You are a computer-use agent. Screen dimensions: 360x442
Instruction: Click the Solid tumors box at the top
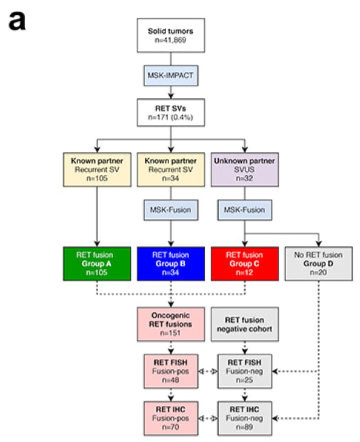(x=171, y=36)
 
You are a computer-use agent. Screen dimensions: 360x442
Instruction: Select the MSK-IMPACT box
(x=171, y=76)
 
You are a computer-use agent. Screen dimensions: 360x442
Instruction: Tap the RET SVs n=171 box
(x=171, y=113)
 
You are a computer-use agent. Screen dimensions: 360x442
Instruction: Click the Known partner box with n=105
(x=97, y=170)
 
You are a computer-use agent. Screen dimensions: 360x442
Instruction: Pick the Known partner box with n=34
(x=171, y=170)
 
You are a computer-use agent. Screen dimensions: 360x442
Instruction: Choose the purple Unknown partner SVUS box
(x=244, y=170)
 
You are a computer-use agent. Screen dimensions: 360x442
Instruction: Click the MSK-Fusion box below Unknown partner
(x=244, y=210)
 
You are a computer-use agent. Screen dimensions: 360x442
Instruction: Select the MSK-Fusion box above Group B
(x=171, y=210)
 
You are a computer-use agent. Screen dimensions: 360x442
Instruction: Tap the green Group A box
(x=97, y=264)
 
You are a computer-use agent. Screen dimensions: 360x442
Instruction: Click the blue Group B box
(x=171, y=264)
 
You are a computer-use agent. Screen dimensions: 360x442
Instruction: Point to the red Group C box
(x=244, y=264)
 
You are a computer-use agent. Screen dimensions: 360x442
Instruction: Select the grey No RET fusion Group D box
(x=319, y=264)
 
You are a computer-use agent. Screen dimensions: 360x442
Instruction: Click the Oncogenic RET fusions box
(x=171, y=324)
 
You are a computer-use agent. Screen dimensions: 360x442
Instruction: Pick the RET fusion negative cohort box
(x=244, y=324)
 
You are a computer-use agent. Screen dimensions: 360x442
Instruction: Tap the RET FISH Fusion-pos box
(x=171, y=371)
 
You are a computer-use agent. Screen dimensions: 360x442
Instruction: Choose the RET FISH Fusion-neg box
(x=244, y=371)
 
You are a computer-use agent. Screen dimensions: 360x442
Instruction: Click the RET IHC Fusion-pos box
(x=171, y=418)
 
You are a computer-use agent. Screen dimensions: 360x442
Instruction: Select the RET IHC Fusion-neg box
(x=244, y=418)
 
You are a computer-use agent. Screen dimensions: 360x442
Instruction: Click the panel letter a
(x=17, y=21)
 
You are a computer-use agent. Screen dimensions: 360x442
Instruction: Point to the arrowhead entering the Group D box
(x=319, y=244)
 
